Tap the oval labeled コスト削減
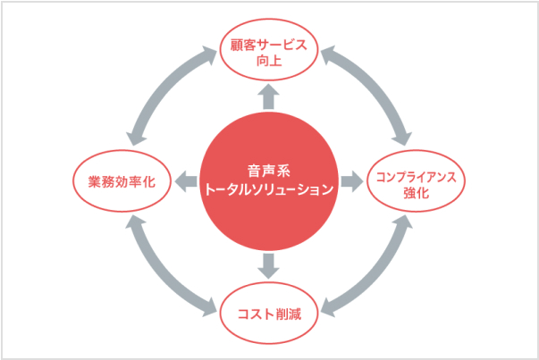pyautogui.click(x=268, y=313)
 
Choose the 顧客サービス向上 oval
pyautogui.click(x=268, y=53)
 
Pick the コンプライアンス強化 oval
pyautogui.click(x=417, y=182)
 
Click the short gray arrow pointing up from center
pyautogui.click(x=268, y=96)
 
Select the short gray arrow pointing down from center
pyautogui.click(x=268, y=265)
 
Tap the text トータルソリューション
pyautogui.click(x=268, y=189)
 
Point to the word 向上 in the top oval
pyautogui.click(x=268, y=62)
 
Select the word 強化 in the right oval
pyautogui.click(x=417, y=192)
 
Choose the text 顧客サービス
pyautogui.click(x=268, y=44)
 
